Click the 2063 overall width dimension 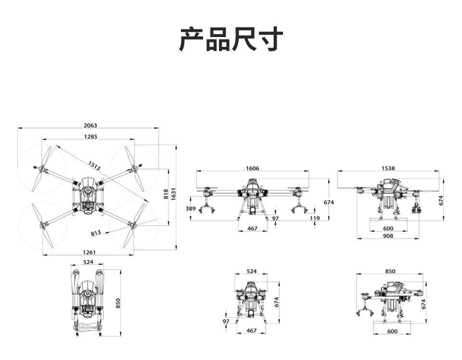(x=90, y=125)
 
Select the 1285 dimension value (x=90, y=136)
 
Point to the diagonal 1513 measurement (x=94, y=166)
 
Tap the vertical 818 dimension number (x=166, y=194)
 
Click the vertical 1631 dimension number (x=174, y=194)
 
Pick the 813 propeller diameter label (x=96, y=233)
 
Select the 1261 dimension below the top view (x=89, y=252)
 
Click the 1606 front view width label (x=253, y=168)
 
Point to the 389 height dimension (x=191, y=208)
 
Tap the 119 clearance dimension (x=315, y=218)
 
